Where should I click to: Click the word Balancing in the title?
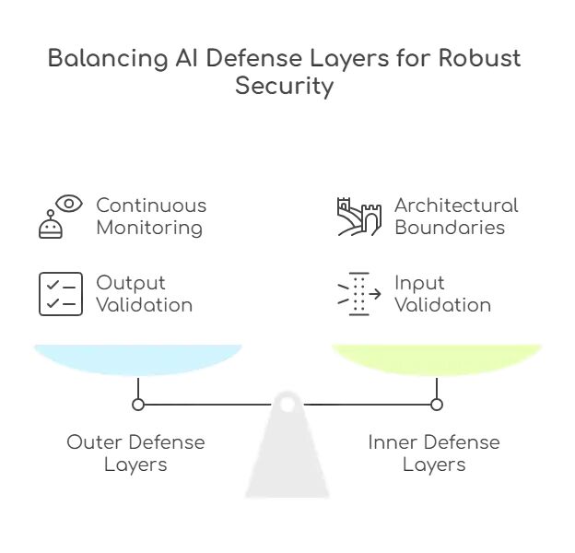click(101, 59)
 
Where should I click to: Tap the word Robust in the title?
click(480, 59)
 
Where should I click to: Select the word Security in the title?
click(284, 88)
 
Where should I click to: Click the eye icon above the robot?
click(69, 203)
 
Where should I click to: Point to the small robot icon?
click(50, 225)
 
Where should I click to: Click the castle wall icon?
click(358, 216)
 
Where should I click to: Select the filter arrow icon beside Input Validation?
click(358, 294)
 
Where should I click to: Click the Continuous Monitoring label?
click(151, 216)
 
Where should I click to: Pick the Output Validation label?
click(144, 294)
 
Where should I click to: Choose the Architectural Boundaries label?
click(456, 216)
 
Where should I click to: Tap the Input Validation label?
click(442, 294)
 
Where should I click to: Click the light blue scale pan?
click(138, 359)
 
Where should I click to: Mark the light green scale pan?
click(437, 359)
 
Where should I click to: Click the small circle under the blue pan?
click(138, 404)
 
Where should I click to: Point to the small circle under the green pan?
click(437, 404)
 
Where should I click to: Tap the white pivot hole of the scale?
click(287, 404)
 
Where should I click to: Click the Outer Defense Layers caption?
click(135, 453)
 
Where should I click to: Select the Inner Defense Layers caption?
click(434, 453)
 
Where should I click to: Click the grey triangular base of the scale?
click(287, 461)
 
